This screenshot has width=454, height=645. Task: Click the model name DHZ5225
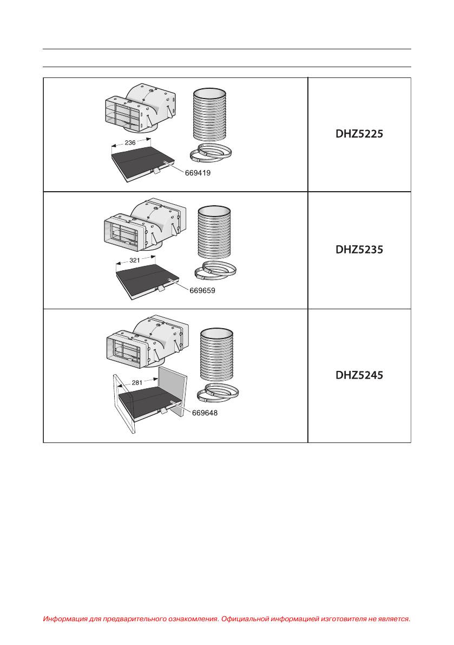[x=359, y=134]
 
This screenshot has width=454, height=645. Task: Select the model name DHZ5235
[x=359, y=250]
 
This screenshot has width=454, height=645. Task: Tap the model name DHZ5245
[x=359, y=375]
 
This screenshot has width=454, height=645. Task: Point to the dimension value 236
[x=130, y=143]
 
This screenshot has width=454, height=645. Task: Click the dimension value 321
[x=135, y=260]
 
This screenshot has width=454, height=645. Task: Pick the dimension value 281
[x=137, y=382]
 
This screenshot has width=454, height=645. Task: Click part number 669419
[x=197, y=173]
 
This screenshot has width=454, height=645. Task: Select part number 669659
[x=202, y=290]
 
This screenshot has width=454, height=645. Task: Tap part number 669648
[x=205, y=413]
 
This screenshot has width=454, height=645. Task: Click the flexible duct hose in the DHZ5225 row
[x=210, y=116]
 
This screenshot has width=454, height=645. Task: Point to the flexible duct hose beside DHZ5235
[x=214, y=233]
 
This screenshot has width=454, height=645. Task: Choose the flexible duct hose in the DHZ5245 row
[x=217, y=355]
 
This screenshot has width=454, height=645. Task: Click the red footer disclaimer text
[x=227, y=618]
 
